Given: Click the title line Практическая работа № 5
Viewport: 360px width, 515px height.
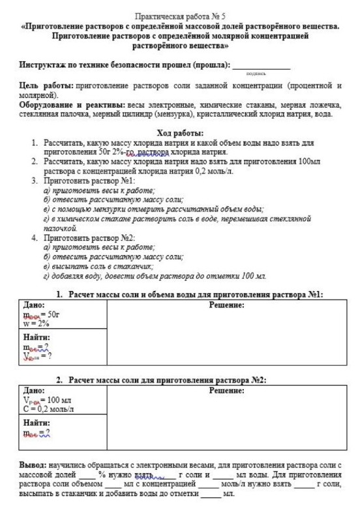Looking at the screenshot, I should point(180,14).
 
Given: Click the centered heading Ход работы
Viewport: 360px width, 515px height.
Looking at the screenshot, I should point(180,133).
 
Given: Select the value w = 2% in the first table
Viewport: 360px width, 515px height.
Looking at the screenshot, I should point(37,322).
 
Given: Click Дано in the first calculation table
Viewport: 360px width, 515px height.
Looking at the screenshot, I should point(34,304).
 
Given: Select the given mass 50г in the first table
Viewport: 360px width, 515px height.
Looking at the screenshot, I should point(52,314).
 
